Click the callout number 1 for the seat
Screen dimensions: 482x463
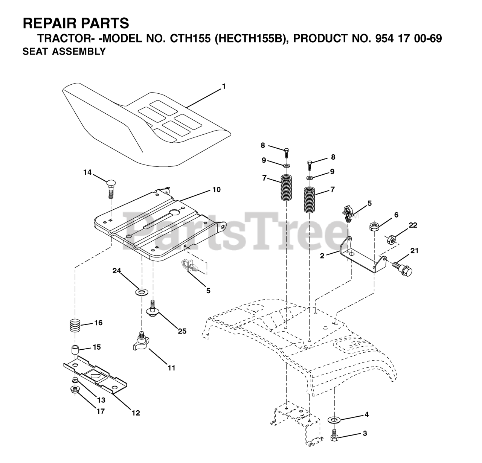(224, 87)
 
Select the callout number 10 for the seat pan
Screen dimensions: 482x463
(217, 190)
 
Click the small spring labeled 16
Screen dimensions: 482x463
(76, 325)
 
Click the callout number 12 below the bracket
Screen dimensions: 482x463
(136, 413)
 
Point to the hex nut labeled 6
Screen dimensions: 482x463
(374, 227)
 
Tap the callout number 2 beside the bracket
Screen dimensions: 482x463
(322, 256)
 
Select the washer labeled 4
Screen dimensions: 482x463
(333, 419)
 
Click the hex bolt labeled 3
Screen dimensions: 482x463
(334, 436)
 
